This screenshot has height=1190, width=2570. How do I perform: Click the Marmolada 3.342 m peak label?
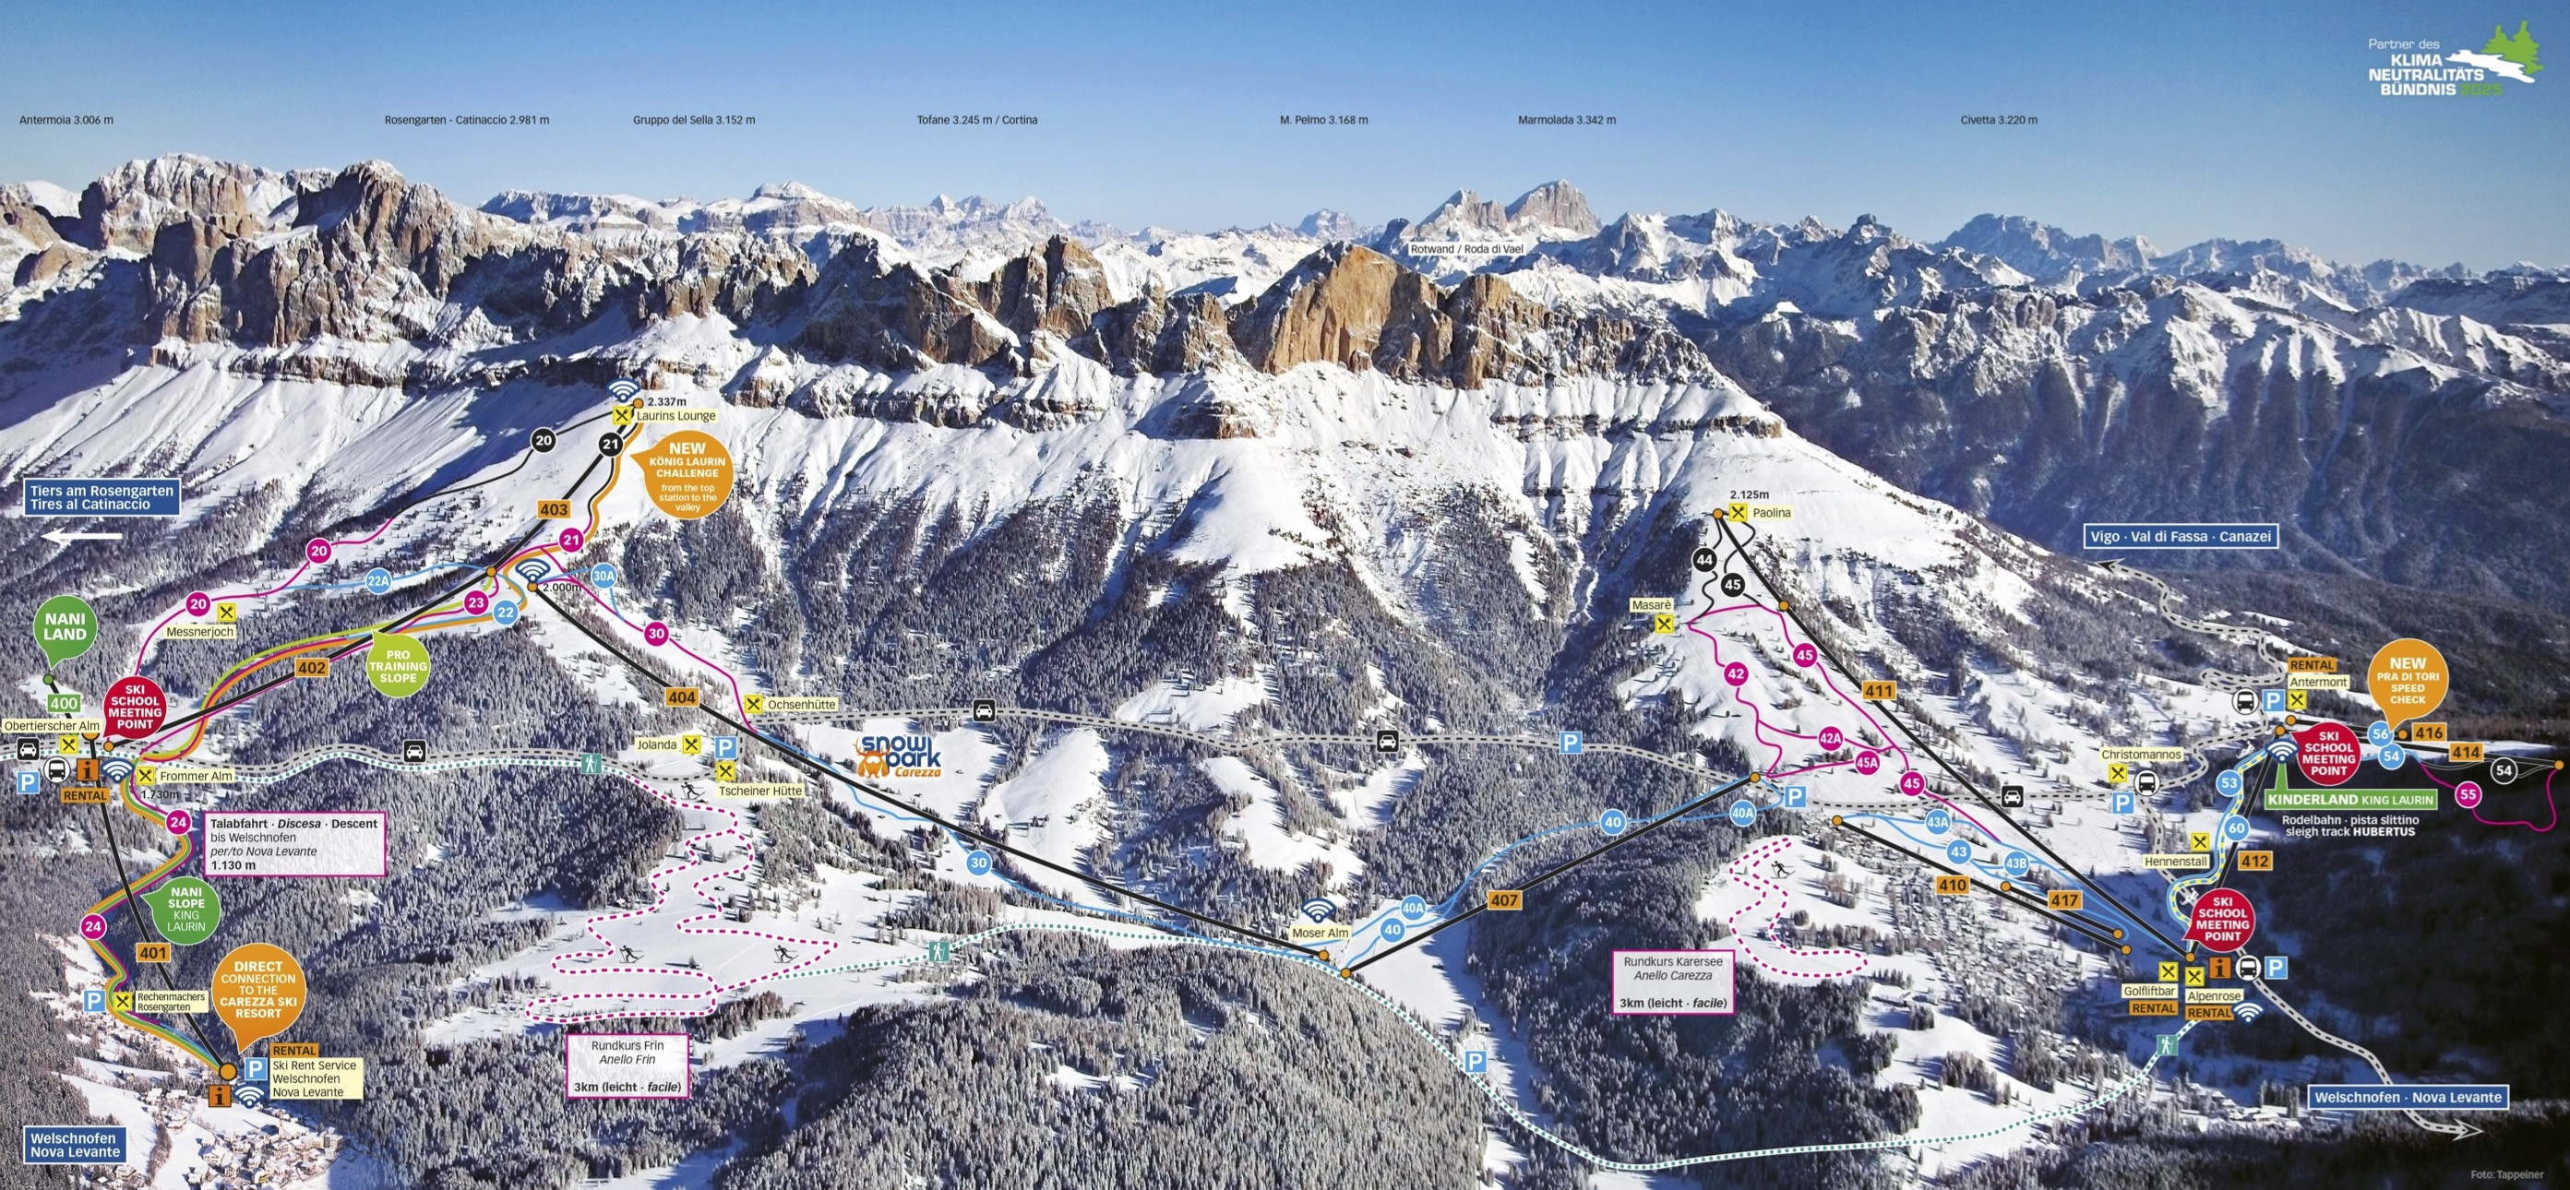1566,120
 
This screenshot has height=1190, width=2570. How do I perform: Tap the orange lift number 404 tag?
682,697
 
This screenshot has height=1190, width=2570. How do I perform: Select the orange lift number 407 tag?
1503,899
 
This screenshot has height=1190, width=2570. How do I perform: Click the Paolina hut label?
1771,513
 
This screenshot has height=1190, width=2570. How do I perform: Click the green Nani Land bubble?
65,627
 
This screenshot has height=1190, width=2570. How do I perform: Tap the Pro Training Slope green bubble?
397,666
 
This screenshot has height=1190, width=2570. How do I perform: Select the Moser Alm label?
1320,933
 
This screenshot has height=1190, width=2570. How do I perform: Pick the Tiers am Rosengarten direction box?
102,498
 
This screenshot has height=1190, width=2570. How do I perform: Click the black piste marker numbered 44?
1704,561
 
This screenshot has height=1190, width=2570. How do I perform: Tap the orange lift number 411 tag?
1878,690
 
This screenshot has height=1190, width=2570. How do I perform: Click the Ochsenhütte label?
801,704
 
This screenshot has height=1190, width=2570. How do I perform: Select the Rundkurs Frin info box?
628,1065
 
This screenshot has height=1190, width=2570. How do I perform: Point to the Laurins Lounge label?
675,416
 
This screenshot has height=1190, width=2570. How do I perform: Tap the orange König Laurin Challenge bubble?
687,477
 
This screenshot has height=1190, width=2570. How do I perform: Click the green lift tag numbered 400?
64,703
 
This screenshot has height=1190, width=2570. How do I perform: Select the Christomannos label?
2141,756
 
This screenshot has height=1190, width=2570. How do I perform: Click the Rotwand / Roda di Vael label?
1465,249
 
